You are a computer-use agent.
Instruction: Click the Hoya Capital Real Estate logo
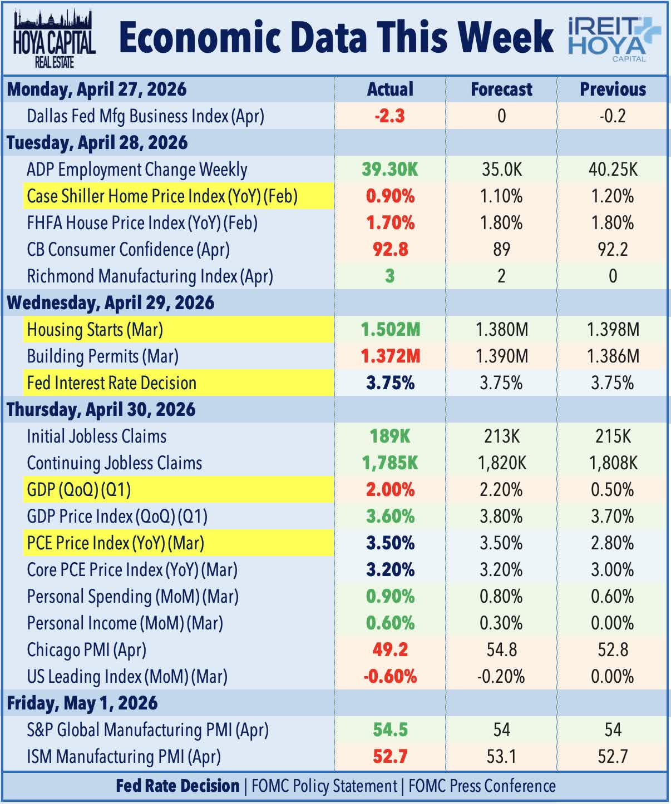click(x=55, y=38)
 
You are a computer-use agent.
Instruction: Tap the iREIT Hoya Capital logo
click(x=614, y=39)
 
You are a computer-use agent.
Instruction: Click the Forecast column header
click(x=501, y=90)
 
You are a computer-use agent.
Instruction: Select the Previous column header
click(x=613, y=90)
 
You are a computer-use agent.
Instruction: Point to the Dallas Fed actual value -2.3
click(x=389, y=116)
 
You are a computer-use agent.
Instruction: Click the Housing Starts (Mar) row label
click(x=95, y=330)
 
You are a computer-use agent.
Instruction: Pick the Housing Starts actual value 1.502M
click(x=390, y=330)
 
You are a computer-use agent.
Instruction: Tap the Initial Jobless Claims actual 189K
click(x=389, y=436)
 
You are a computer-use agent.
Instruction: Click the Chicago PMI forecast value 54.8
click(x=501, y=650)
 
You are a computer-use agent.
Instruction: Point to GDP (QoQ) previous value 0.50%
click(x=613, y=490)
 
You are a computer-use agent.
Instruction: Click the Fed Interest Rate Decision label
click(x=112, y=383)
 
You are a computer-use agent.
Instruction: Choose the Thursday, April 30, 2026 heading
click(x=101, y=410)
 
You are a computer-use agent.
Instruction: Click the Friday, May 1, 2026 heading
click(x=82, y=703)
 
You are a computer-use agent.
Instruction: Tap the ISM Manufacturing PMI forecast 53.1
click(x=501, y=757)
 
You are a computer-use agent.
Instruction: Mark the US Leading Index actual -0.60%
click(x=390, y=677)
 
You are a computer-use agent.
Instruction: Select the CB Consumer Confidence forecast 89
click(x=501, y=250)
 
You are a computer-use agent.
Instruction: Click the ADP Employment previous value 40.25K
click(x=613, y=170)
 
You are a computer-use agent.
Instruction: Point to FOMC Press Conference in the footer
click(x=482, y=786)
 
